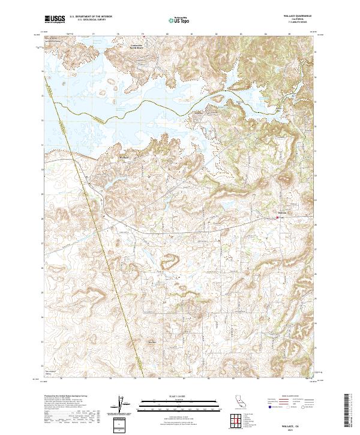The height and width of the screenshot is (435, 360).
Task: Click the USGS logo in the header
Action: [x=55, y=19]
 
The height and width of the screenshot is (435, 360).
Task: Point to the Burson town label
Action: [x=283, y=212]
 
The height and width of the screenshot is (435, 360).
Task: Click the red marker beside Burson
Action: [x=278, y=217]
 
